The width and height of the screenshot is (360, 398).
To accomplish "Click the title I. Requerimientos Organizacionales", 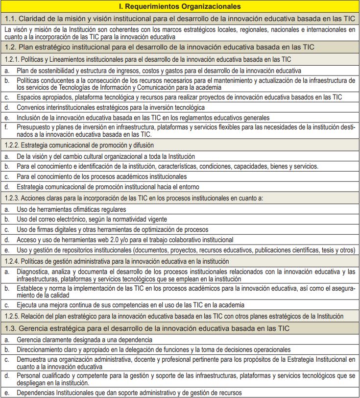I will [x=180, y=6].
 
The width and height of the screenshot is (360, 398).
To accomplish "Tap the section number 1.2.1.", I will [x=12, y=59].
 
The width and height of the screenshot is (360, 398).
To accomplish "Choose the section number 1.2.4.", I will [x=12, y=261].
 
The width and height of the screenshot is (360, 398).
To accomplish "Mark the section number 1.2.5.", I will [x=12, y=316].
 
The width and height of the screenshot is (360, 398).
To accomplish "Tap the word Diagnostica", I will [x=33, y=272].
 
